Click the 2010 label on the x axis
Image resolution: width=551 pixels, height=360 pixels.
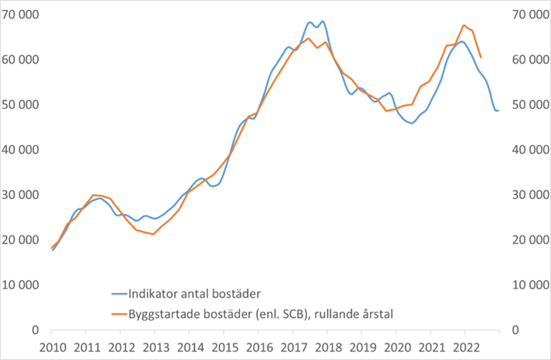coord(52,346)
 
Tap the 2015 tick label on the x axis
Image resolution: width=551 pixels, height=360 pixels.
coord(224,346)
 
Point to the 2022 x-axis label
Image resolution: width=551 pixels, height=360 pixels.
coord(464,346)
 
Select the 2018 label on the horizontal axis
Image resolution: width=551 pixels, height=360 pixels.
coord(327,346)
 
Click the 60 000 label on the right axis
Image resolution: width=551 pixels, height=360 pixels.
coord(529,60)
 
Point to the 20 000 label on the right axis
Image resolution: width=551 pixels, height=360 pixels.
coord(529,239)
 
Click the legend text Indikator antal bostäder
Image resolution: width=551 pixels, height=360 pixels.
coord(194,293)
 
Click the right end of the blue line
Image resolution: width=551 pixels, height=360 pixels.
coord(498,110)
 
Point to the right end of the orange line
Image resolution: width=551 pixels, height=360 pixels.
coord(481,58)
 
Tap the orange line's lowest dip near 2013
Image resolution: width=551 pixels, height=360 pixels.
coord(154,234)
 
